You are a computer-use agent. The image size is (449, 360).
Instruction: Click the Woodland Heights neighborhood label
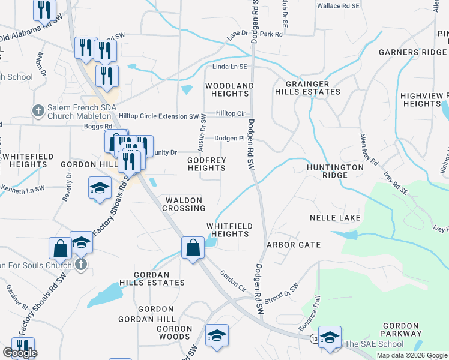[229, 89]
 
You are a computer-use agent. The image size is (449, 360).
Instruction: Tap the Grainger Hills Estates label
[307, 88]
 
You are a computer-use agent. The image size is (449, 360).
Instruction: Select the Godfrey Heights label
[206, 164]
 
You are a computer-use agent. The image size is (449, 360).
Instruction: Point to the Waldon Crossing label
[185, 204]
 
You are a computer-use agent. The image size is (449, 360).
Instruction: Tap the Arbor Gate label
[294, 245]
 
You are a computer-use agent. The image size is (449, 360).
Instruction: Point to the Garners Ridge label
[412, 52]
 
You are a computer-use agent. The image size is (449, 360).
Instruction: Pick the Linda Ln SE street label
[230, 67]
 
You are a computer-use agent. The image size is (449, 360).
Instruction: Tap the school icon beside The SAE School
[329, 337]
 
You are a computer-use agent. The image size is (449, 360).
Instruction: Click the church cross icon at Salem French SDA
[37, 110]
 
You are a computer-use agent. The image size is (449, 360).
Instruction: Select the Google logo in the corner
[20, 353]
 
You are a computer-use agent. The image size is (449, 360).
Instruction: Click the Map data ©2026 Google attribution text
[411, 355]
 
